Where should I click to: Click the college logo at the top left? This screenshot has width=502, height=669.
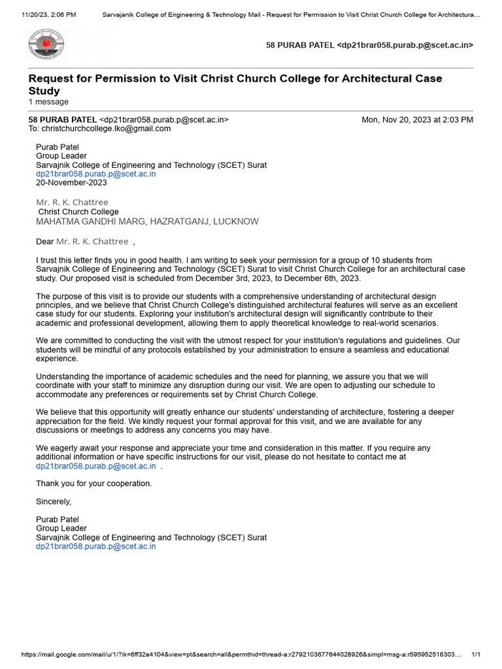click(x=46, y=45)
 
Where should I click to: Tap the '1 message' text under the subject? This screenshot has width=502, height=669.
click(x=48, y=102)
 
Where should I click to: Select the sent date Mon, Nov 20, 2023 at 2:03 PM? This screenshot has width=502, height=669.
click(x=417, y=120)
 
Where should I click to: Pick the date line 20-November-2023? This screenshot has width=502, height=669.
click(x=71, y=183)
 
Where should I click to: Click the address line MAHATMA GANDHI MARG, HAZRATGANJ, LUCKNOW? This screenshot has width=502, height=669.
click(x=147, y=221)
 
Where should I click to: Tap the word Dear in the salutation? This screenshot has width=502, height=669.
click(x=44, y=242)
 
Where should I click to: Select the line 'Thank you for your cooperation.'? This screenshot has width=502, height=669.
click(x=93, y=483)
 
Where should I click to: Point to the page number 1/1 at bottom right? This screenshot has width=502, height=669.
click(x=476, y=655)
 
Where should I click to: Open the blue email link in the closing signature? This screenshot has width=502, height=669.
click(x=95, y=546)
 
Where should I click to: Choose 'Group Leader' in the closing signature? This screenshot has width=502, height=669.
click(x=61, y=529)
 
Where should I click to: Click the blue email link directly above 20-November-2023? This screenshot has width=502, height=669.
click(x=95, y=174)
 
